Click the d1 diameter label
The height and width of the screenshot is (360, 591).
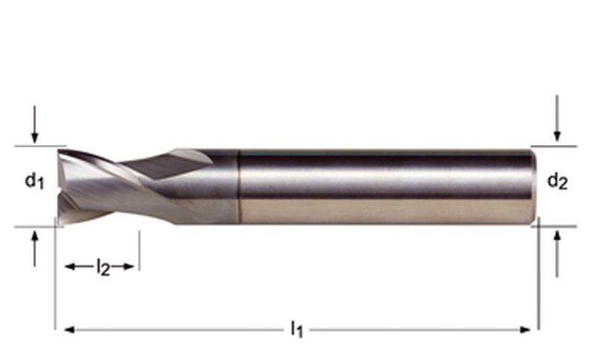33,180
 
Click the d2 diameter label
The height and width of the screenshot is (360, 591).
558,181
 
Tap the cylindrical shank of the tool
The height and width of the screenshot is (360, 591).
384,185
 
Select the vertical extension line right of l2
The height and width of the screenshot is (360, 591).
139,251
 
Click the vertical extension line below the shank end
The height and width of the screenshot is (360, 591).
539,281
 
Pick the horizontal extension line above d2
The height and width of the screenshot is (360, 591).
554,146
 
